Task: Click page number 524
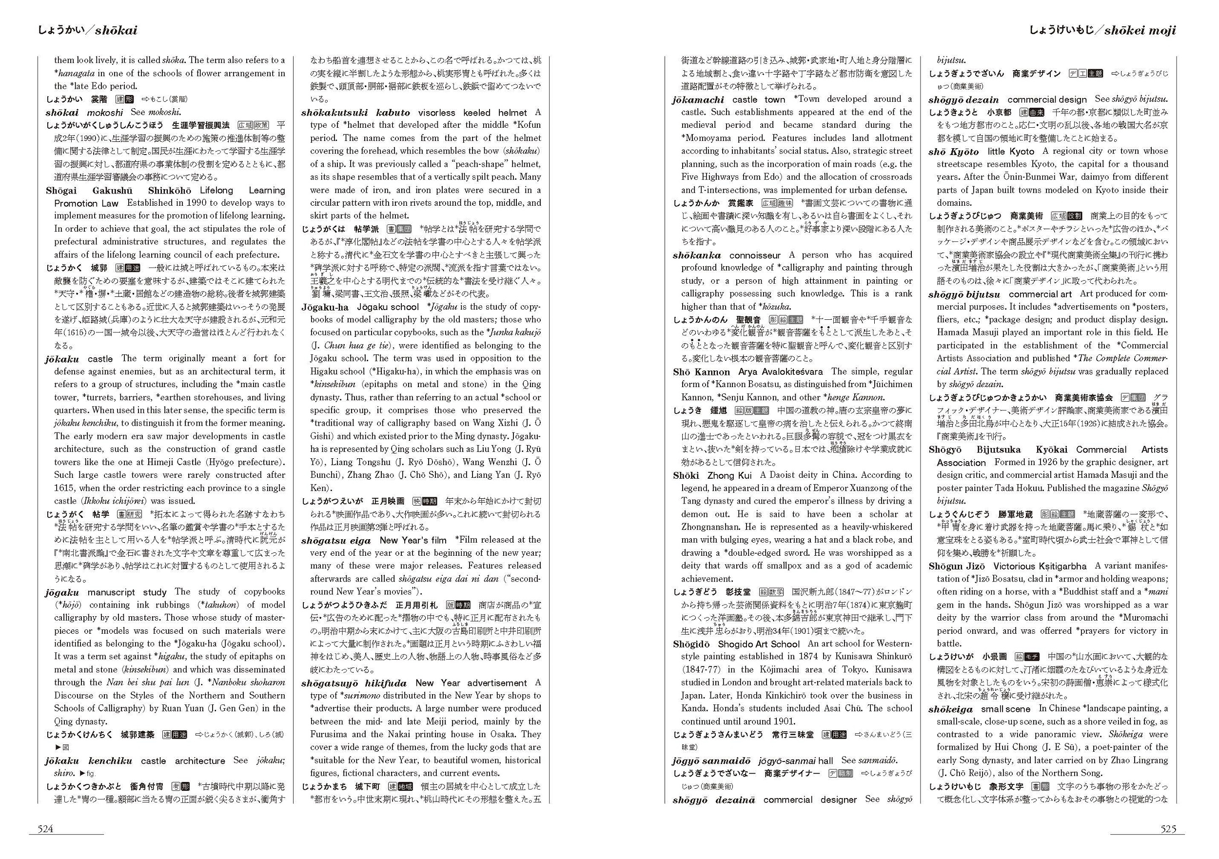click(x=45, y=829)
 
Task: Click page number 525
click(x=1168, y=829)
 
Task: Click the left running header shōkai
click(x=87, y=30)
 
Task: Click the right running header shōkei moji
click(x=1103, y=30)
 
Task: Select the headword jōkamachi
click(x=698, y=99)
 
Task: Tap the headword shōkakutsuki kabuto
click(x=356, y=113)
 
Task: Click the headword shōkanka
click(x=697, y=255)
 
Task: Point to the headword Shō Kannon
click(x=701, y=371)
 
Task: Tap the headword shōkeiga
click(x=950, y=709)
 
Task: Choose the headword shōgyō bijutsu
click(x=964, y=294)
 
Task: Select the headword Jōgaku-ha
click(x=325, y=307)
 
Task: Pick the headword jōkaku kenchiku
click(x=89, y=761)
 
